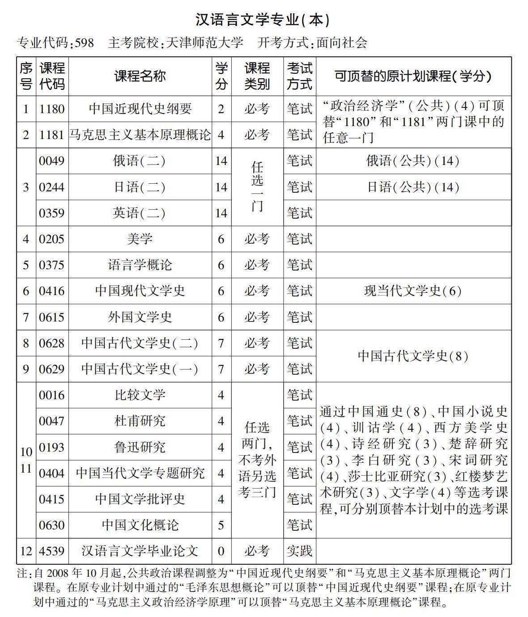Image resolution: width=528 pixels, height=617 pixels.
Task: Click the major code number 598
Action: coord(85,43)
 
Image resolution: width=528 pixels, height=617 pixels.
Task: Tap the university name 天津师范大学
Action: coord(204,43)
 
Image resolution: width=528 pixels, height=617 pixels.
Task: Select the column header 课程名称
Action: coord(140,76)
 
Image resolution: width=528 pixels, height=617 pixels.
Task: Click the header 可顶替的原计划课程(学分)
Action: coord(413,76)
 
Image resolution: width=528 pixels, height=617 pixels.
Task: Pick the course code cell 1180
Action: coord(52,109)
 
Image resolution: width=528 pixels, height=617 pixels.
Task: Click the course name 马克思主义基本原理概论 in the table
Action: coord(140,135)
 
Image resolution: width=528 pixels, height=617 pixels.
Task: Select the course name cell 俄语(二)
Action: coord(140,161)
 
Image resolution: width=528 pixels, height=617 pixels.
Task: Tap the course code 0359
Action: coord(52,213)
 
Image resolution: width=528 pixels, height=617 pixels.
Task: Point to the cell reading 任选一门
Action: coord(257,187)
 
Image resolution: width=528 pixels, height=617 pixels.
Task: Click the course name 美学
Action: coord(140,239)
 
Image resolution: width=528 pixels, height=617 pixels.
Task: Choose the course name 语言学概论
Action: coord(140,265)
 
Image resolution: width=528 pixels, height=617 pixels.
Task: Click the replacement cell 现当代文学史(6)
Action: coord(413,291)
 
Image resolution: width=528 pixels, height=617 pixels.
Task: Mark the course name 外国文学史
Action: coord(140,317)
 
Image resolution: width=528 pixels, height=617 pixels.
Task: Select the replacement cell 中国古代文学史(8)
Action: coord(413,356)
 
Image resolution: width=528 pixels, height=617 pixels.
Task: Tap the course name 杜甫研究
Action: coord(140,421)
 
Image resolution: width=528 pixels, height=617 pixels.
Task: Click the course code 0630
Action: coord(52,525)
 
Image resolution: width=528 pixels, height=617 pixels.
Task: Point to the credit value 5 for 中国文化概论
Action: coord(221,525)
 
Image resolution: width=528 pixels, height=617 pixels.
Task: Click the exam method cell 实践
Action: coord(299,551)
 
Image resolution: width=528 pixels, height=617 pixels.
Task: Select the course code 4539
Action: coord(52,551)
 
